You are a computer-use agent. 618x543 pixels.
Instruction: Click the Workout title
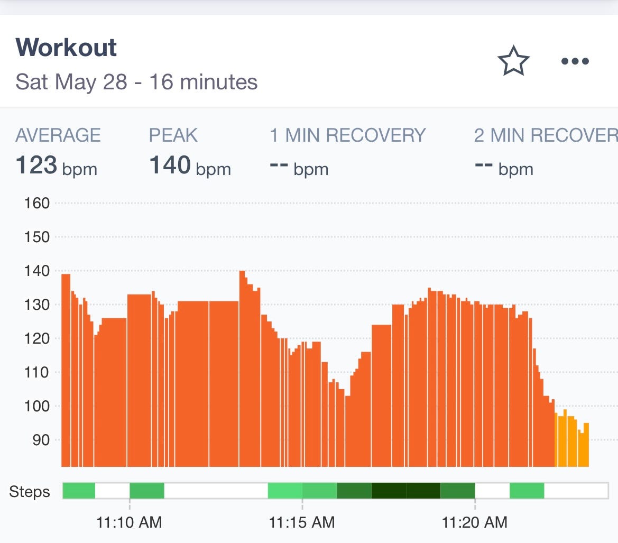tap(66, 48)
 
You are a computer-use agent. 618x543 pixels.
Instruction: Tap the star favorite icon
tap(513, 61)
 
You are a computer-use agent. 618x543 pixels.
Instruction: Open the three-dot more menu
tap(575, 61)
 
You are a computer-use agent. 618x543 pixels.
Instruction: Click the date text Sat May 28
tap(71, 82)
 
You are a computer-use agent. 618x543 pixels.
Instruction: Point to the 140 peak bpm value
tap(170, 165)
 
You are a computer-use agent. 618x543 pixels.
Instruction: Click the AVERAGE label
tap(58, 135)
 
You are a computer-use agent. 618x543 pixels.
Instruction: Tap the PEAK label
tap(173, 135)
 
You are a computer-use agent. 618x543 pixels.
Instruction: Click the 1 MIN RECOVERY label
tap(347, 135)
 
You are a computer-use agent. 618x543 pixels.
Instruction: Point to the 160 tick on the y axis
tap(37, 203)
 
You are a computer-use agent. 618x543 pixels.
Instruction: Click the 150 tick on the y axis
tap(37, 237)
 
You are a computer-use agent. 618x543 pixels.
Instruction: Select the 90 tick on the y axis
tap(41, 440)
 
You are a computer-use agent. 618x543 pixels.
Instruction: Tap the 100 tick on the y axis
tap(37, 406)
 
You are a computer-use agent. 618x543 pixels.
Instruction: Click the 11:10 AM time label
tap(129, 522)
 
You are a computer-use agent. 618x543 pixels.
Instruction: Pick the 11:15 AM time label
tap(302, 522)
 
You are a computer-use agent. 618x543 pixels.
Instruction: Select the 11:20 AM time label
tap(474, 522)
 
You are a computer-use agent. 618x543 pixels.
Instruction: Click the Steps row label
tap(30, 492)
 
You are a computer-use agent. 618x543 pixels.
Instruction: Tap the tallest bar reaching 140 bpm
tap(242, 370)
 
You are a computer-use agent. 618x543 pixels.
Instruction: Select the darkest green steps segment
tap(405, 491)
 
